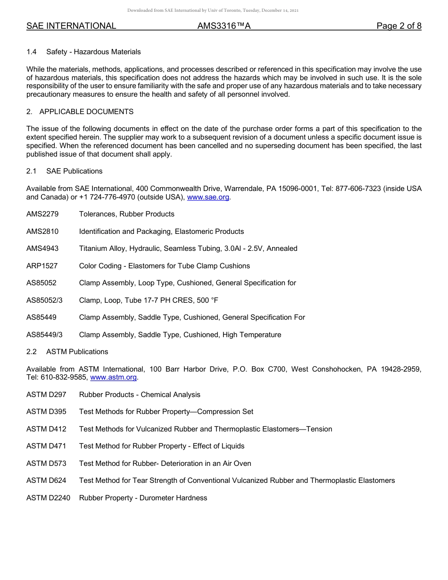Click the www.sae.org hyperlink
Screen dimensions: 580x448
(208, 197)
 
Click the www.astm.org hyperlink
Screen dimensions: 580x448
(113, 377)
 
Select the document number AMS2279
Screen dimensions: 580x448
(42, 214)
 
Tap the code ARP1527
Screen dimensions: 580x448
(42, 266)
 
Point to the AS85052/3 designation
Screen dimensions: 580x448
(44, 300)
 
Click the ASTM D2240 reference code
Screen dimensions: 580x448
(48, 498)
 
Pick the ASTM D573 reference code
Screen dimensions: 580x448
(46, 464)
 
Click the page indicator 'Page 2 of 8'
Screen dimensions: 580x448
(399, 26)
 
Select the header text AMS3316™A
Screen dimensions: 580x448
(224, 26)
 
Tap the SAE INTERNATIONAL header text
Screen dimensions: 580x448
(71, 26)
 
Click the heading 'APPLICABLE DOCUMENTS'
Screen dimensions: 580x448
(86, 112)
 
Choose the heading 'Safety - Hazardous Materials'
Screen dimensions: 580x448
(93, 52)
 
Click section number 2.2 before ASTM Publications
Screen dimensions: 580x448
(32, 352)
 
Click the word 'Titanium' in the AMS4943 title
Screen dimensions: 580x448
(93, 249)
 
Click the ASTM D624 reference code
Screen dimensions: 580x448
(46, 481)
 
